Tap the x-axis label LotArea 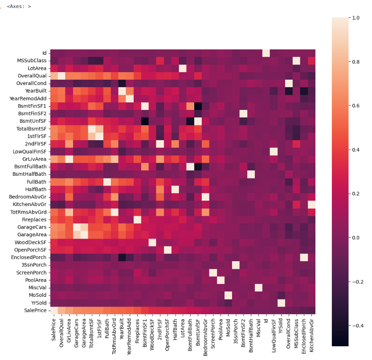click(x=183, y=328)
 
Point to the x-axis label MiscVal click(x=258, y=328)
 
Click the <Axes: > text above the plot click(x=19, y=7)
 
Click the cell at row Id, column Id click(x=266, y=53)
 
